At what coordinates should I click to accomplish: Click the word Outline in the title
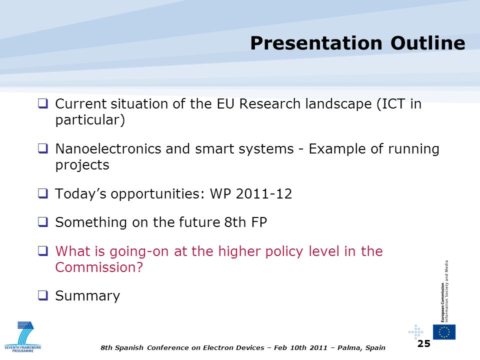click(427, 43)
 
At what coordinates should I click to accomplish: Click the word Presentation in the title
click(316, 43)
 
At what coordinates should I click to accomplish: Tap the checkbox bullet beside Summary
click(43, 295)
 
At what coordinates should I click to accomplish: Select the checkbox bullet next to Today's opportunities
click(43, 193)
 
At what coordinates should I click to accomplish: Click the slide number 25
click(424, 343)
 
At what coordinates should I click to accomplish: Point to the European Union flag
click(444, 332)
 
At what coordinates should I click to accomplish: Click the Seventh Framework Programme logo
click(23, 336)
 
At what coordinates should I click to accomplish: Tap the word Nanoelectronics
click(108, 149)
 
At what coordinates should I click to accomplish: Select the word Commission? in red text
click(99, 267)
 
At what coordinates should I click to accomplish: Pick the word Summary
click(87, 296)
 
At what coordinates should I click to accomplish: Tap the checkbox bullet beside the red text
click(43, 251)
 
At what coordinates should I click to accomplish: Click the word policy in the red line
click(284, 252)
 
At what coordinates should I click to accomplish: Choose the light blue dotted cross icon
click(415, 332)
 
